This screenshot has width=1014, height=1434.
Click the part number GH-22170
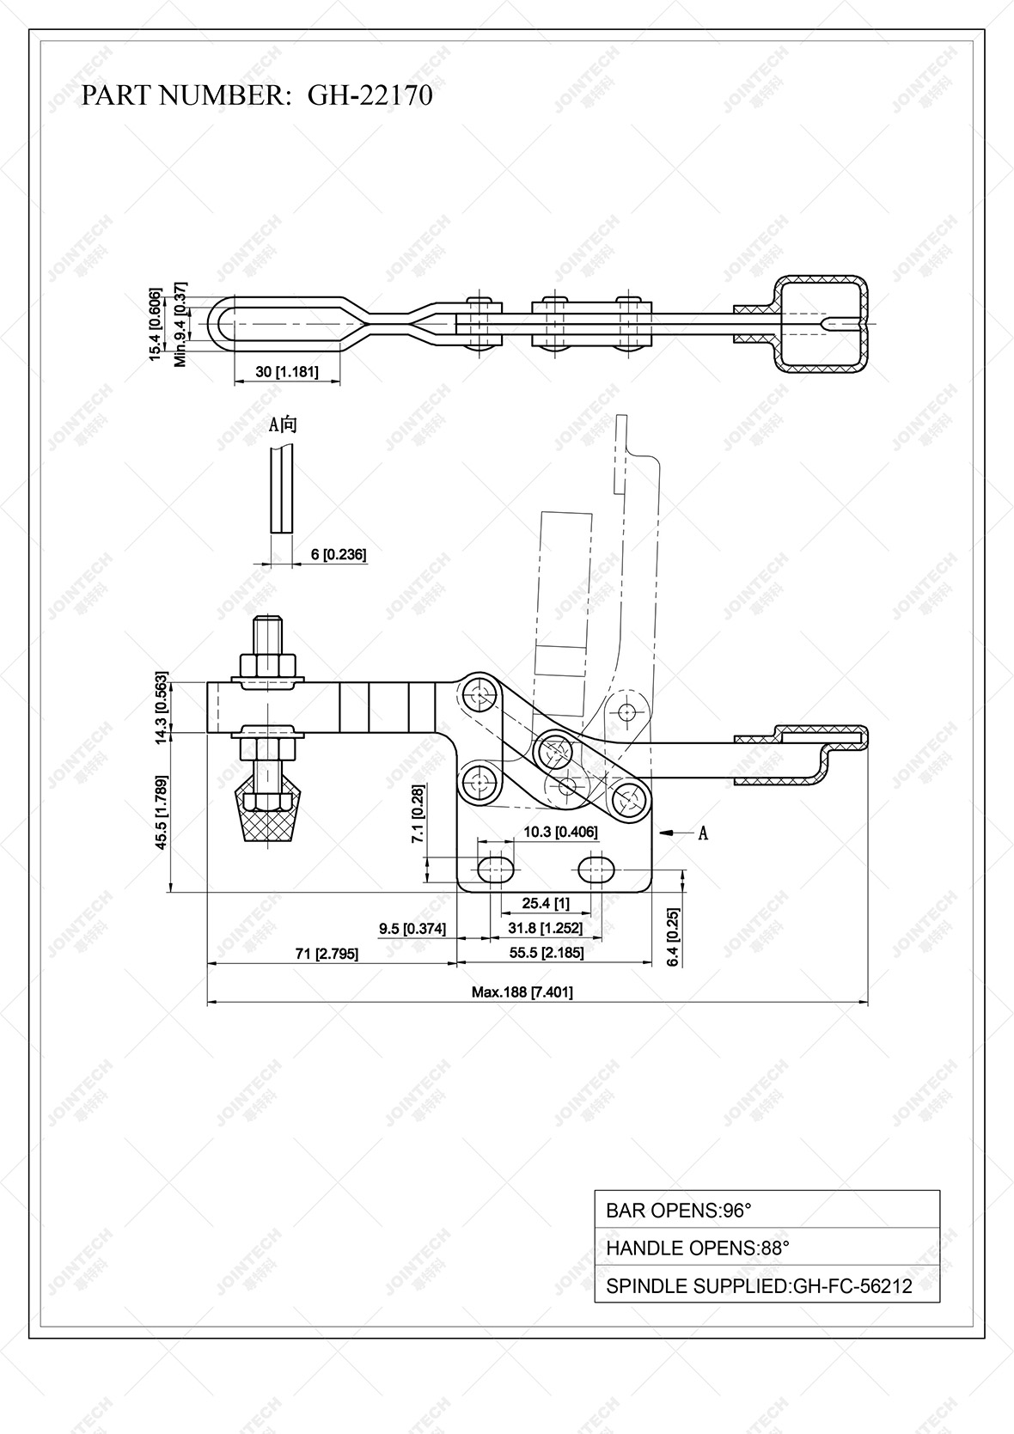(x=370, y=95)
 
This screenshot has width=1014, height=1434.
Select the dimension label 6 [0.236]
(x=339, y=554)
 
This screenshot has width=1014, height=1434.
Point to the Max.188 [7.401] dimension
(x=522, y=992)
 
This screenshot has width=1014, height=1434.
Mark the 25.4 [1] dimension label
(x=546, y=903)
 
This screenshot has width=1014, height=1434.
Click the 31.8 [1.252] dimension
(x=545, y=928)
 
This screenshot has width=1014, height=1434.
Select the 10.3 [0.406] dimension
(x=560, y=832)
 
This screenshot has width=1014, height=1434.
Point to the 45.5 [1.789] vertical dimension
(x=161, y=813)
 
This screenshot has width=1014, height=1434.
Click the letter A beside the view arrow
(x=703, y=833)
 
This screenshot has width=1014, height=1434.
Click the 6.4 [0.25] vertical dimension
(x=673, y=937)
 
